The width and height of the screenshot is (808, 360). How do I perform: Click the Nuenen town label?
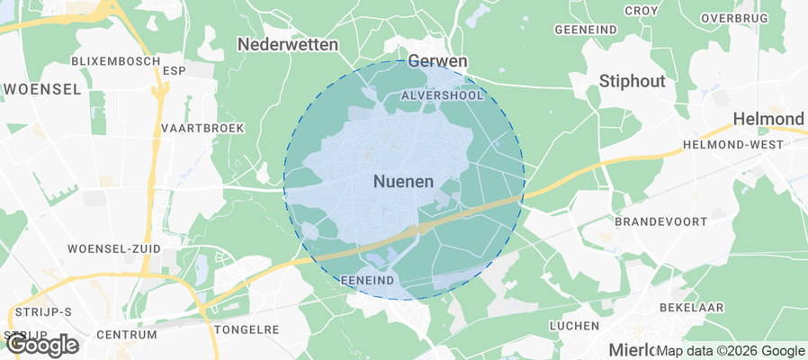tap(403, 181)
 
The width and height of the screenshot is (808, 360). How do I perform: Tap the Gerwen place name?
tap(438, 60)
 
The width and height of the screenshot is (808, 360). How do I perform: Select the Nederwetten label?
tap(287, 43)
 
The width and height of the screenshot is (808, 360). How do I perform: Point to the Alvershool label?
tap(444, 94)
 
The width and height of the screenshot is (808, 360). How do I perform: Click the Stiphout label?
tap(632, 81)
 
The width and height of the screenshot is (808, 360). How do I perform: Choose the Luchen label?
tap(574, 325)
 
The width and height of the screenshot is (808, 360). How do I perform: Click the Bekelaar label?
tap(692, 307)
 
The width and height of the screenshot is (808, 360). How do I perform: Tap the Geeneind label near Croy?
tap(586, 30)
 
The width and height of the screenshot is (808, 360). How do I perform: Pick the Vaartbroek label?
tap(202, 128)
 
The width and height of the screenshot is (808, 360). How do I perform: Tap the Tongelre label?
tap(248, 329)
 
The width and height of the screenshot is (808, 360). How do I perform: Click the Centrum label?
tap(121, 334)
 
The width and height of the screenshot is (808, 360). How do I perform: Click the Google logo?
tap(42, 344)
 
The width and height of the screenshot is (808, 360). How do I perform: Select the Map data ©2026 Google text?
tap(730, 351)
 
